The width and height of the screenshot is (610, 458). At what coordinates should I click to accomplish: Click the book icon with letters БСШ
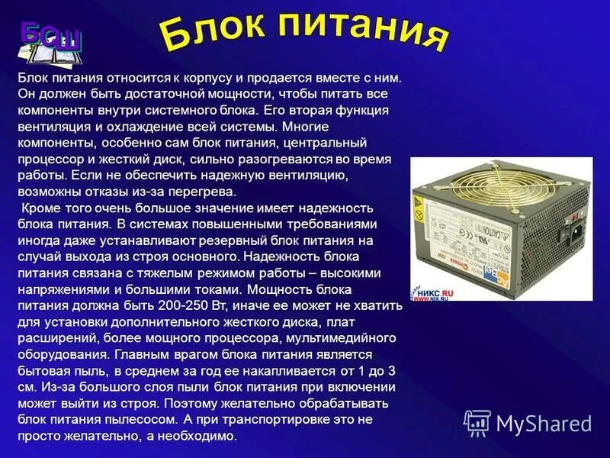[x=50, y=45]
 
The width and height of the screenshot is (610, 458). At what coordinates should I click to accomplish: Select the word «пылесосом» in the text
[x=144, y=421]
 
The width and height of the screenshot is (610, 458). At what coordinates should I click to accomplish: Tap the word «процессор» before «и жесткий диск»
[x=47, y=159]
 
